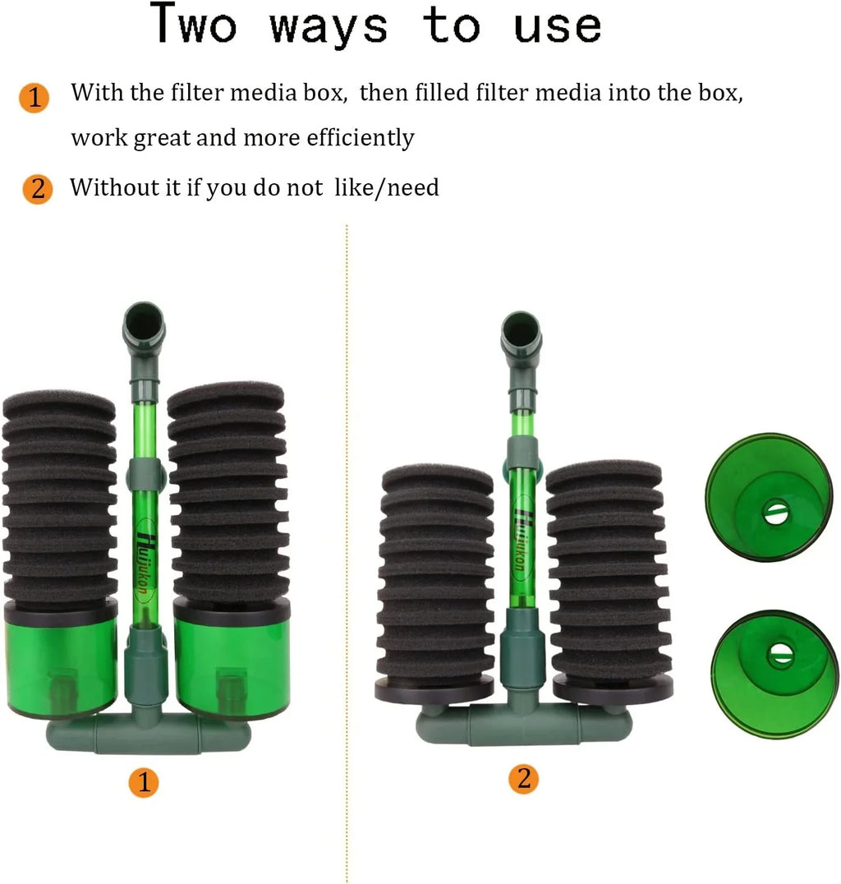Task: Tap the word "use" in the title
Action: tap(557, 27)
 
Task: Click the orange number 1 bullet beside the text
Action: tap(34, 98)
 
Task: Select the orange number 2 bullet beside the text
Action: tap(37, 189)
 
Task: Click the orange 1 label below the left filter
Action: tap(143, 782)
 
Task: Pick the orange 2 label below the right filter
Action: tap(524, 779)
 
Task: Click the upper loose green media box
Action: tap(769, 497)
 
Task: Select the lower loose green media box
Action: tap(774, 675)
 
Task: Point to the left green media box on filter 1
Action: tap(62, 661)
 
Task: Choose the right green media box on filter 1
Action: tap(232, 659)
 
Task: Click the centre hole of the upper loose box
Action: tap(775, 513)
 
